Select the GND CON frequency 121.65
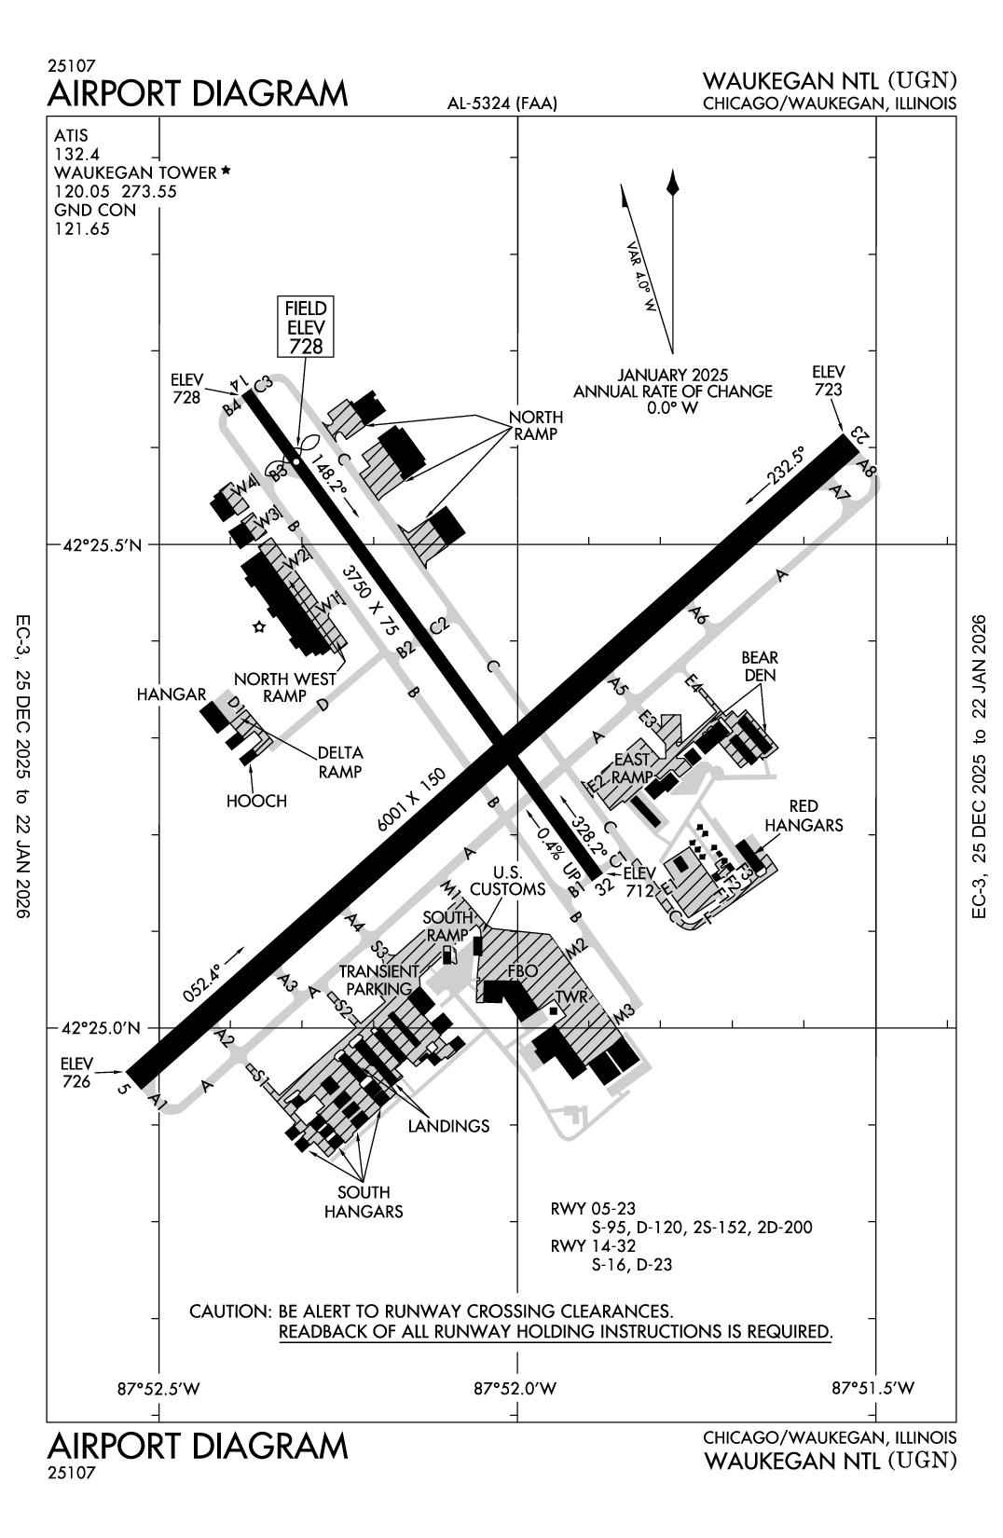pyautogui.click(x=82, y=228)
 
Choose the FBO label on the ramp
pyautogui.click(x=522, y=971)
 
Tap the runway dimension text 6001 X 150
pyautogui.click(x=412, y=801)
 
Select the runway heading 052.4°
pyautogui.click(x=202, y=982)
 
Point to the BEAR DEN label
pyautogui.click(x=760, y=666)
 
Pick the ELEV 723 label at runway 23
pyautogui.click(x=828, y=380)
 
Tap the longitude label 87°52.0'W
pyautogui.click(x=515, y=1388)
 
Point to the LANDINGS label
pyautogui.click(x=448, y=1126)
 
